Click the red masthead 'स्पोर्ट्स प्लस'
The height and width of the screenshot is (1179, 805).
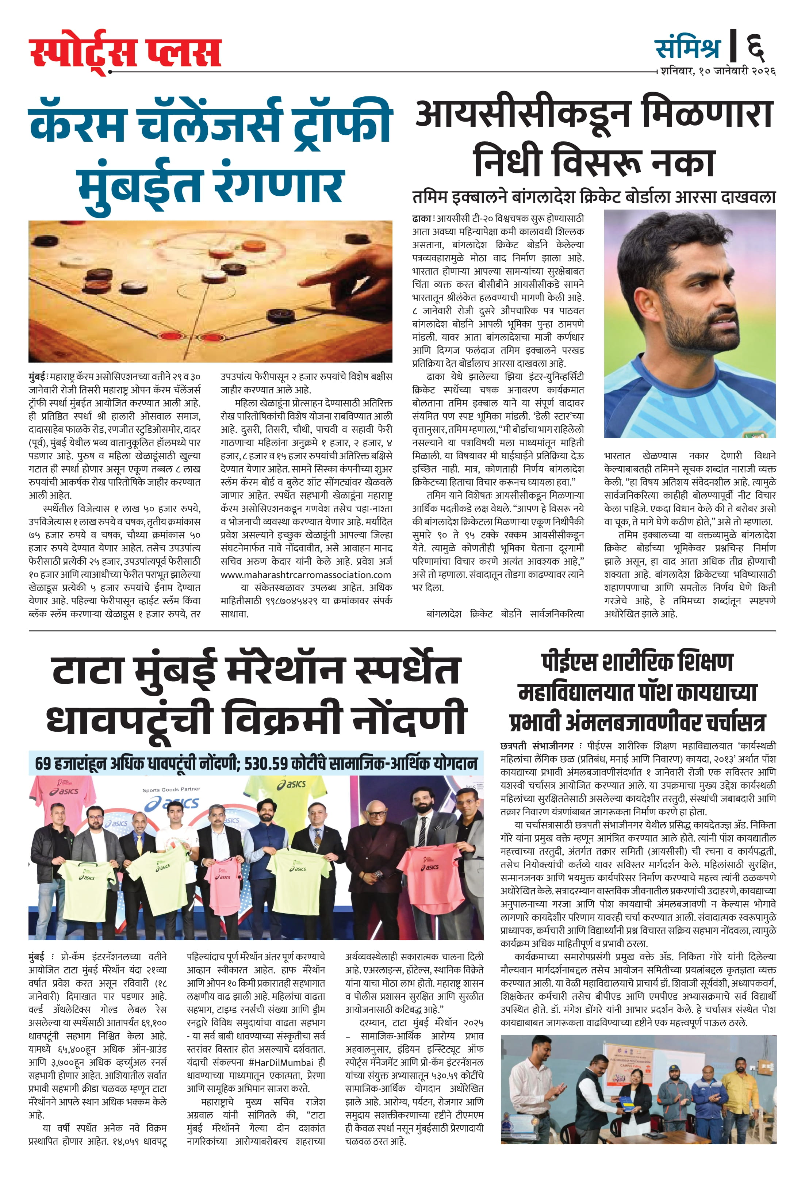[125, 52]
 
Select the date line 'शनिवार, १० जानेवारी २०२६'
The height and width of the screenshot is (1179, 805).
[718, 71]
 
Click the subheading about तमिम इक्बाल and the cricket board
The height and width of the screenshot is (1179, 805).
[594, 196]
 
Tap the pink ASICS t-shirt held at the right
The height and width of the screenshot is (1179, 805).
[435, 873]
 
